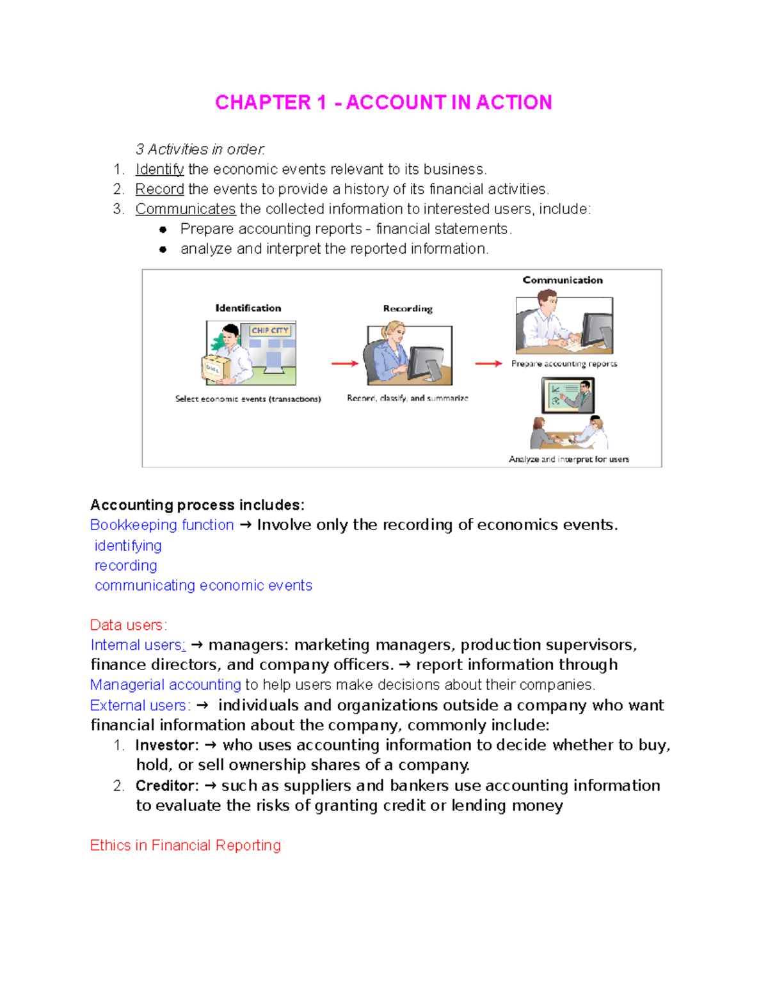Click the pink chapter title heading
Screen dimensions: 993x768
(x=383, y=102)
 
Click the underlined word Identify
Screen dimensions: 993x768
(x=159, y=169)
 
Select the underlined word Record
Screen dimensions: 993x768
(x=159, y=189)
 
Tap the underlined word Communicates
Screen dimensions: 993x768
(x=186, y=209)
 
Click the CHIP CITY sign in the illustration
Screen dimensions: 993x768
(x=270, y=331)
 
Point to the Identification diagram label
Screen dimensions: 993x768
(x=248, y=308)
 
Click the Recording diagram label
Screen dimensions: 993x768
(x=408, y=309)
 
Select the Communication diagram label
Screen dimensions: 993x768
(x=563, y=280)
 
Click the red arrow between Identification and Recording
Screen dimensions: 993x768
(x=345, y=364)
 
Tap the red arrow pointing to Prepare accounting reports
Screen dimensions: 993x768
(x=488, y=364)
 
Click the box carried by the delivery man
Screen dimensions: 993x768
(x=212, y=369)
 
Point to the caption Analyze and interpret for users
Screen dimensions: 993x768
(x=568, y=459)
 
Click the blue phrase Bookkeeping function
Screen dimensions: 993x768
(x=162, y=525)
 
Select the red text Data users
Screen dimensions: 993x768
(x=128, y=625)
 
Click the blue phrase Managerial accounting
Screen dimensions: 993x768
(x=166, y=685)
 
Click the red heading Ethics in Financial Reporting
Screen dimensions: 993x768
(x=186, y=845)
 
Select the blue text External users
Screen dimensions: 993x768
(x=140, y=705)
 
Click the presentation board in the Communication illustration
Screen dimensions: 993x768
(x=568, y=395)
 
